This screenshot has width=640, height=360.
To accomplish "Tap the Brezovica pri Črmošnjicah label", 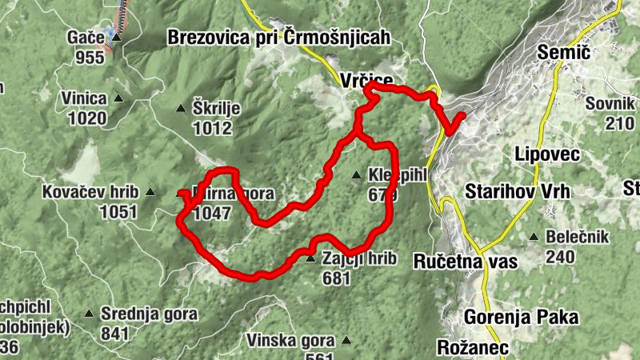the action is point(278,37).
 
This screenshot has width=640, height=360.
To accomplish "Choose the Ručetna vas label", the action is point(466,261).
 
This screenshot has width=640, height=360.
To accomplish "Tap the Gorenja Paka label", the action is point(521,317).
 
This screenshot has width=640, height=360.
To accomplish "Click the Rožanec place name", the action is point(472,347).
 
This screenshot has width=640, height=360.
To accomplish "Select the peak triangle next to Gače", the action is point(116,37).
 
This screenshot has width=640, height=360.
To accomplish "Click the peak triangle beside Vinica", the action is point(118,98).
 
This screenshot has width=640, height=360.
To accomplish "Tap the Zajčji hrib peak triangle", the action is point(310,258).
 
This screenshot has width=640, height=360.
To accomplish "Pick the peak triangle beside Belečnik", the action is point(534,237).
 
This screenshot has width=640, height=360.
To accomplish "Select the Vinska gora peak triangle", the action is point(346,340).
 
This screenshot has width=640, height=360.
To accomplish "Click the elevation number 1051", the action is point(117,211).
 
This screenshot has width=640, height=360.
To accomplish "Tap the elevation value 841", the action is point(116,334).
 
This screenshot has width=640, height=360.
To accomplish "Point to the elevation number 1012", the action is point(211,128).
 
